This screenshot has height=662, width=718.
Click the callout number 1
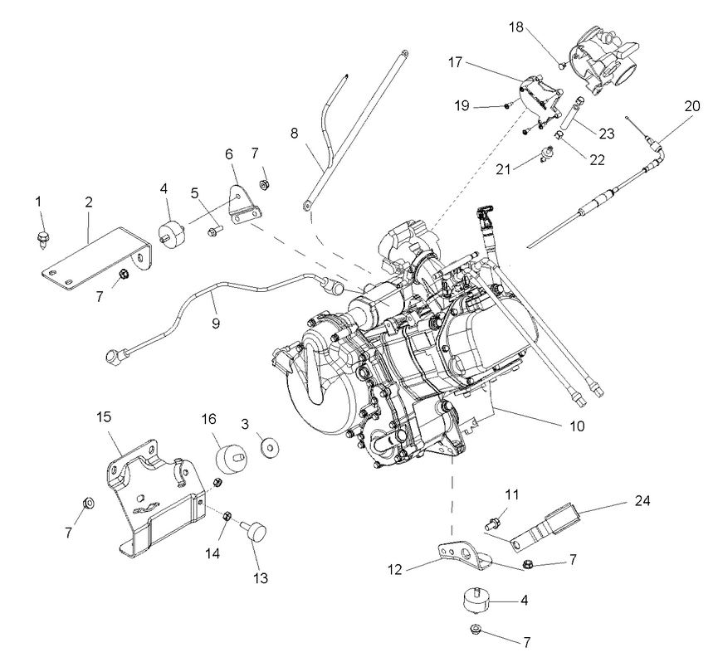tap(38, 202)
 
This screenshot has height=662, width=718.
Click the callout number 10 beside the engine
tap(576, 426)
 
